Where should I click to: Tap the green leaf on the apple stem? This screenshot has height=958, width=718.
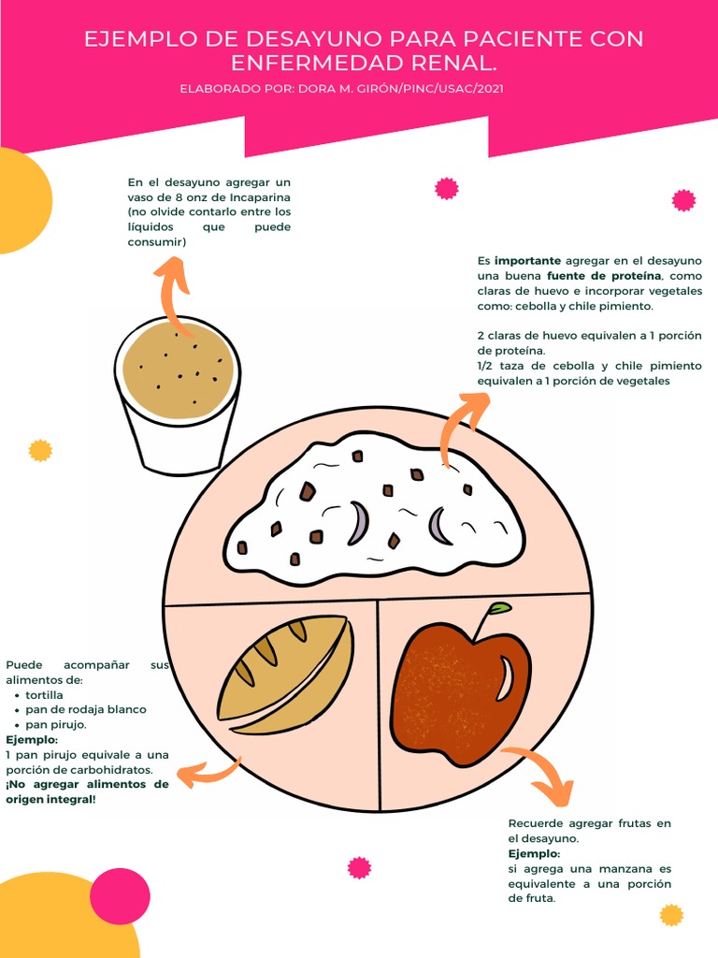click(500, 609)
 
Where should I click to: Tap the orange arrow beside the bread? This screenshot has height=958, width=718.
click(208, 773)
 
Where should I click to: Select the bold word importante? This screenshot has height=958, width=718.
click(527, 261)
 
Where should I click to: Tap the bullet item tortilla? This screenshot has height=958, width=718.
click(45, 695)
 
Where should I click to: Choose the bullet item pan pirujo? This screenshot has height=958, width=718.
click(56, 724)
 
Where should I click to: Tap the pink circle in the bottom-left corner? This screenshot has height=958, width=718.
click(120, 896)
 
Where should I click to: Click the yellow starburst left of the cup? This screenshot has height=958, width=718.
click(40, 451)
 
